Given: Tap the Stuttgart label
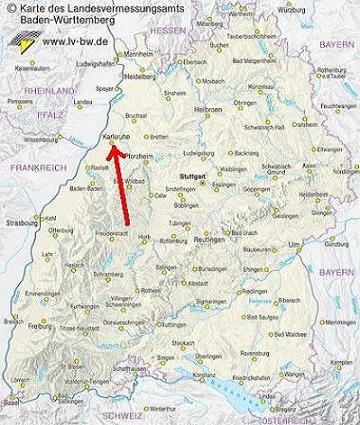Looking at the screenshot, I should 193,148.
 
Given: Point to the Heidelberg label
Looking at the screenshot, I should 139,76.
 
